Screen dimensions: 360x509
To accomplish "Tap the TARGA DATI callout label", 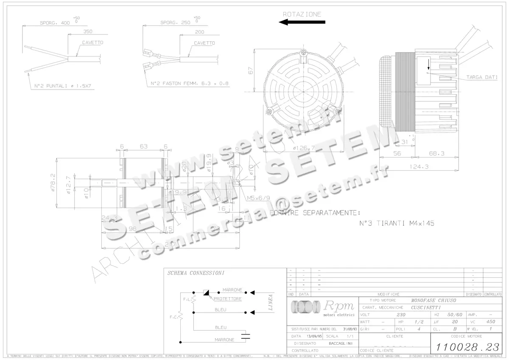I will [x=482, y=77].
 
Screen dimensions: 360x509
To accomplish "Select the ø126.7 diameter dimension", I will [x=304, y=148].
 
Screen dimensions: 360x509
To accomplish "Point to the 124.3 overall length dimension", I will [x=420, y=166].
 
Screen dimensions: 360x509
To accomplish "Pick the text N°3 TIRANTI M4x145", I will [x=397, y=223].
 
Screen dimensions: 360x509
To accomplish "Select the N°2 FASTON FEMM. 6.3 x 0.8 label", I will [x=189, y=83].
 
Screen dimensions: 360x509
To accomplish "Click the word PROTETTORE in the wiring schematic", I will [x=227, y=299].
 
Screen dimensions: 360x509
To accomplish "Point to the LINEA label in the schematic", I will [x=271, y=302].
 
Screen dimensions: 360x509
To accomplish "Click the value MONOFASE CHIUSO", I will [x=433, y=300].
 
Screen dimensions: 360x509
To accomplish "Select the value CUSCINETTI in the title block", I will [x=425, y=307].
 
